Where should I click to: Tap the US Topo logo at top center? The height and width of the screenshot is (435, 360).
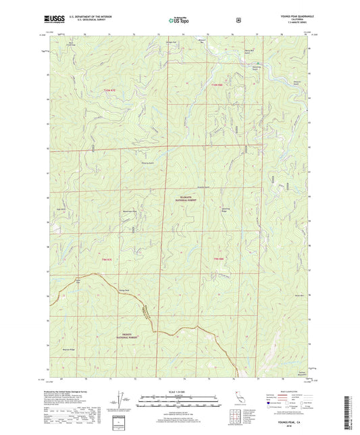pyautogui.click(x=179, y=21)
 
